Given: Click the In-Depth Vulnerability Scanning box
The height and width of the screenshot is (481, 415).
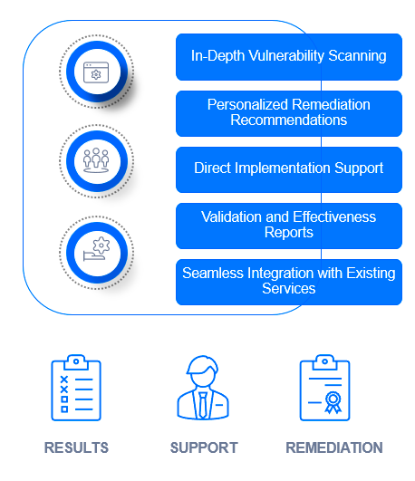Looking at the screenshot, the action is pos(289,57).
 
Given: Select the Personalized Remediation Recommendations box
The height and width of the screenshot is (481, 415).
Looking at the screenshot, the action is pos(289,113).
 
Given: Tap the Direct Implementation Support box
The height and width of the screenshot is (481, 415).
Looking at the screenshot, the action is pos(289,169).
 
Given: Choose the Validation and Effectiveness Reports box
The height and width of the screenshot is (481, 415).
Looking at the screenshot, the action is pos(289,226).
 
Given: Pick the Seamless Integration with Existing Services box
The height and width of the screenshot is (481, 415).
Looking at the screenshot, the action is pos(289,282).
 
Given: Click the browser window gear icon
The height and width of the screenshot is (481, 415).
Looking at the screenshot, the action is pos(96,72).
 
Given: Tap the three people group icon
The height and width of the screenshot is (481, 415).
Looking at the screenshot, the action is pos(96,160).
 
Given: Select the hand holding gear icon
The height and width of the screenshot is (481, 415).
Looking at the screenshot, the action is pos(96,249).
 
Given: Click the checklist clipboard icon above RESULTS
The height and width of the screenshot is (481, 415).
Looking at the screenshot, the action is pos(76,388).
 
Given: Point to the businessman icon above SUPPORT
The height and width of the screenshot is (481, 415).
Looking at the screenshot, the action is pos(203,388).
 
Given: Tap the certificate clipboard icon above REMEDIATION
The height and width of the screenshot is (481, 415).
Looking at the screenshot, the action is pos(324,388).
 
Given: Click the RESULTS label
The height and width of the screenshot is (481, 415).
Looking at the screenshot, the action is pos(76,447).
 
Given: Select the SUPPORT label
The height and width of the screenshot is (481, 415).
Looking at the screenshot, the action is pos(204,447).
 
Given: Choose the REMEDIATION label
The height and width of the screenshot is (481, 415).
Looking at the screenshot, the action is pos(334,447).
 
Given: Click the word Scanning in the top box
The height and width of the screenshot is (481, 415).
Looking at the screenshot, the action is pos(357,56).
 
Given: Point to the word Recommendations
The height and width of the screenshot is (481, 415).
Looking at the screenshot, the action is pos(289,120).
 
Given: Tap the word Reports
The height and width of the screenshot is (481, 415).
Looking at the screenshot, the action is pos(289,233).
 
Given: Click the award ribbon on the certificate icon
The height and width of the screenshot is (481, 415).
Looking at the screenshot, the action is pos(333,402).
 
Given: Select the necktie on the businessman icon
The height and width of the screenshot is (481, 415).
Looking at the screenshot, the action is pos(203,405).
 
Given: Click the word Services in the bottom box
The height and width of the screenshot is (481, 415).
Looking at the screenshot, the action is pos(289,289).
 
